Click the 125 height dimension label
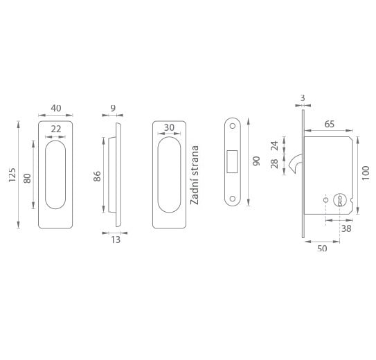tap(12, 174)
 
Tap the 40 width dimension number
tap(56, 108)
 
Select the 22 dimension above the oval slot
tap(56, 129)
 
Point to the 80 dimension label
tap(27, 179)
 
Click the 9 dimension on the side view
tap(113, 108)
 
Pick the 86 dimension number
tap(97, 176)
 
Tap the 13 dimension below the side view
tap(116, 240)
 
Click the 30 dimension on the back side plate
tap(169, 128)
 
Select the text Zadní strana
tap(195, 175)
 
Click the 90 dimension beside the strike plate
tap(256, 161)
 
